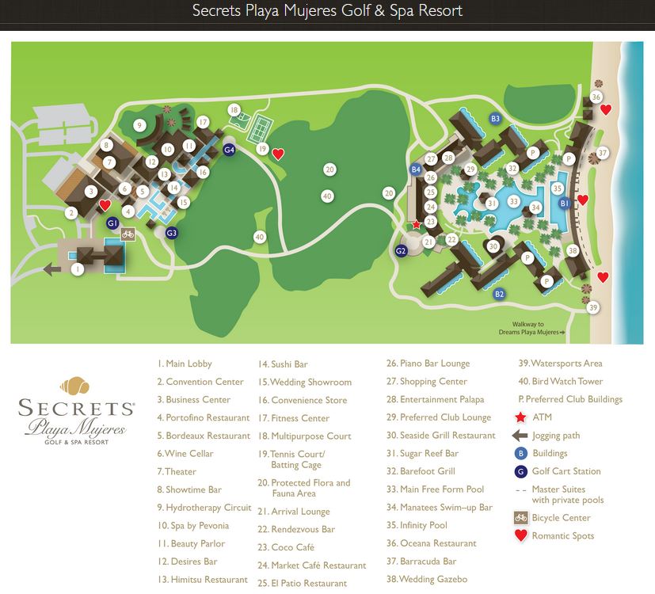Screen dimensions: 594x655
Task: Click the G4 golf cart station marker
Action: pyautogui.click(x=229, y=150)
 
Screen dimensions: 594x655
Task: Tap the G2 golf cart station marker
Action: pyautogui.click(x=401, y=251)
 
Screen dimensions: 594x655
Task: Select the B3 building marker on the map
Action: pyautogui.click(x=495, y=119)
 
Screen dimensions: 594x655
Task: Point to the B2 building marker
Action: pyautogui.click(x=499, y=295)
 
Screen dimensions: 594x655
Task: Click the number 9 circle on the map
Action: pyautogui.click(x=139, y=125)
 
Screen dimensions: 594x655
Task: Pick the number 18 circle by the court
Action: pyautogui.click(x=233, y=109)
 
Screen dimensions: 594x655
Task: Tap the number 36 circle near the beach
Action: pyautogui.click(x=596, y=97)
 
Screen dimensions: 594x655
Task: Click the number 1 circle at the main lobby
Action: pyautogui.click(x=77, y=269)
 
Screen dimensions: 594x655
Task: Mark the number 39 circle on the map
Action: pyautogui.click(x=593, y=307)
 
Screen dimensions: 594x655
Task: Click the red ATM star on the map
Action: pyautogui.click(x=417, y=225)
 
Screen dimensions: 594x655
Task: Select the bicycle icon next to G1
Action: pyautogui.click(x=127, y=234)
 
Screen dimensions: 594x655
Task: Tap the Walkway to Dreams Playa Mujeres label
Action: pyautogui.click(x=527, y=328)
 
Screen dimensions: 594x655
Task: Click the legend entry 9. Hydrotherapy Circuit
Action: pyautogui.click(x=204, y=508)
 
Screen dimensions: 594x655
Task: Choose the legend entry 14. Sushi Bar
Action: pyautogui.click(x=283, y=364)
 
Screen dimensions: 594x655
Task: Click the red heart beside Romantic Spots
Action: pyautogui.click(x=520, y=536)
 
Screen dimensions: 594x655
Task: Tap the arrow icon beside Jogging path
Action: pyautogui.click(x=520, y=435)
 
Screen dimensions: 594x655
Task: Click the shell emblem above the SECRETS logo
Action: pyautogui.click(x=76, y=387)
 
